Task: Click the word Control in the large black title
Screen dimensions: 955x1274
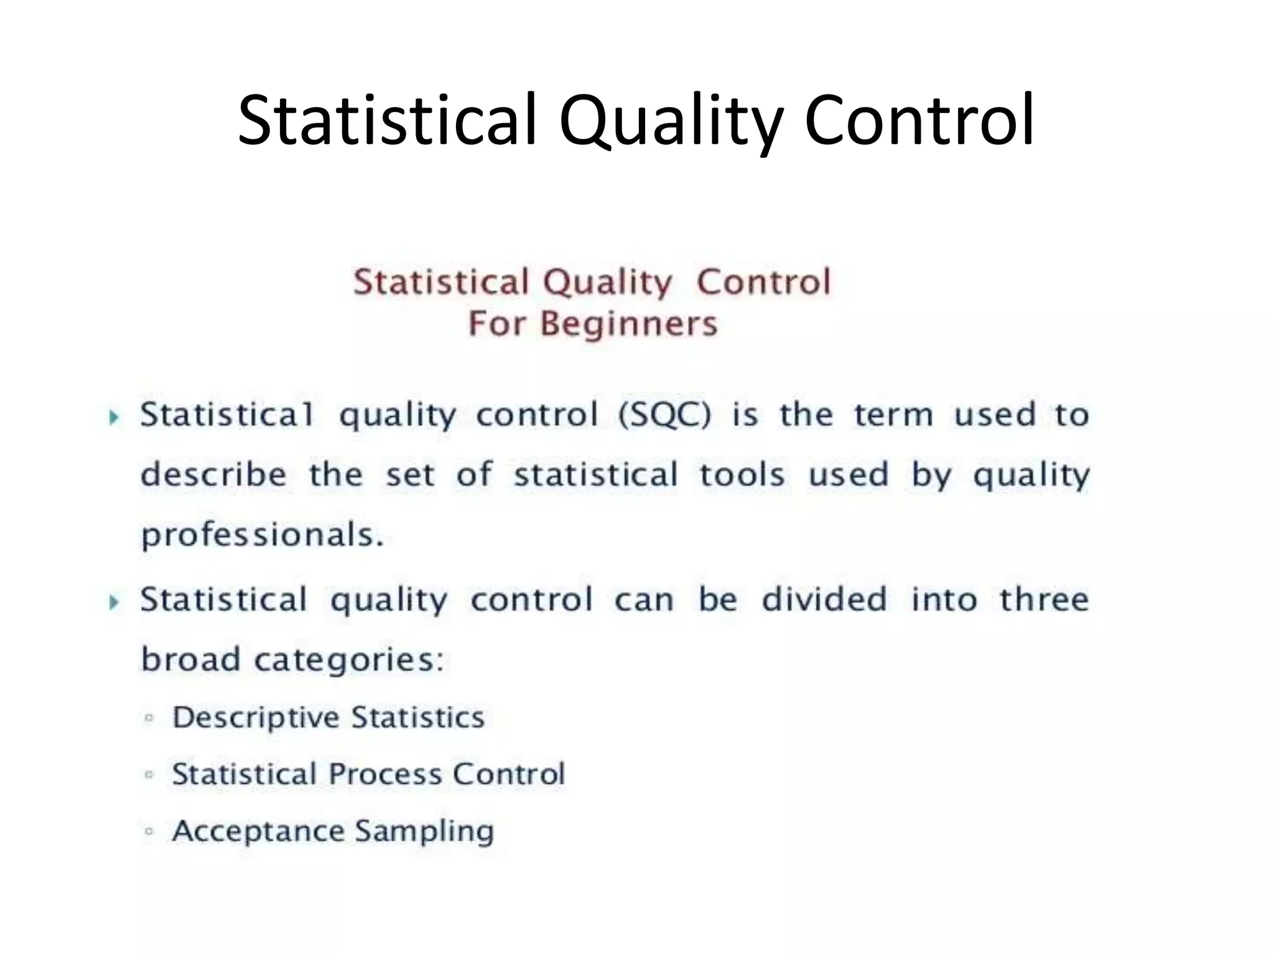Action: click(x=919, y=119)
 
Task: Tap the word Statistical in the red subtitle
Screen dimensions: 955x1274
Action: click(x=440, y=282)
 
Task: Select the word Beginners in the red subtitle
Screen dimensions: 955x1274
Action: click(x=628, y=324)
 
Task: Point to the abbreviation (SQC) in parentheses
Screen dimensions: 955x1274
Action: click(x=664, y=415)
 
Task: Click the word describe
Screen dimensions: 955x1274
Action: click(x=213, y=475)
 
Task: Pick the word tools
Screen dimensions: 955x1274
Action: click(x=742, y=475)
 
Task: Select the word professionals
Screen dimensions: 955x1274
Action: click(x=262, y=535)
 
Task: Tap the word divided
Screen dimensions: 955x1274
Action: click(x=824, y=600)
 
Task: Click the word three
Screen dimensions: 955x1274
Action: click(x=1044, y=600)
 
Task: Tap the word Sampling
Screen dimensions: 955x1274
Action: click(x=424, y=832)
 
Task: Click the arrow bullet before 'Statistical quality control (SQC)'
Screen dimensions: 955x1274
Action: click(x=114, y=417)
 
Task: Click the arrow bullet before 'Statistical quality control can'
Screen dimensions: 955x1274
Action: click(x=114, y=602)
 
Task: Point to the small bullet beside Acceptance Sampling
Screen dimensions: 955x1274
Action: click(x=149, y=831)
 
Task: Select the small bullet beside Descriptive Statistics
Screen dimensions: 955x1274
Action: click(x=149, y=718)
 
